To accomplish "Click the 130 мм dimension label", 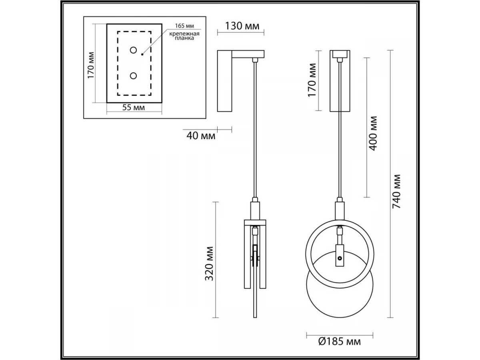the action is point(242,26).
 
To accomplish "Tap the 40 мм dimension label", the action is point(201,136).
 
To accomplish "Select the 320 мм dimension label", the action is point(209,263).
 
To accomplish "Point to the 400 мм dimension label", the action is point(373,133).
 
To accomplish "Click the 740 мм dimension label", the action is point(396,191).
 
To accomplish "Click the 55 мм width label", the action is point(133,108).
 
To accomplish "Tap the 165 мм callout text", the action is point(184,26).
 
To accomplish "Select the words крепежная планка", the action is point(185,36).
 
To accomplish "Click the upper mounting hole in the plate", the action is point(133,50).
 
